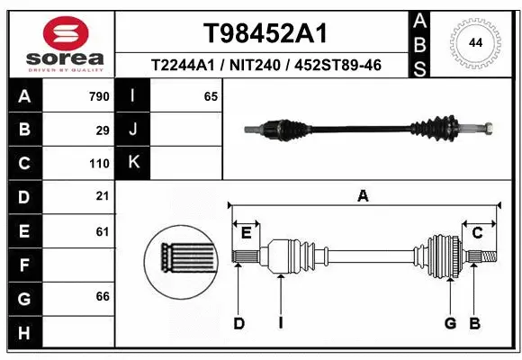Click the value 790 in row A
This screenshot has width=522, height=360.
click(x=99, y=96)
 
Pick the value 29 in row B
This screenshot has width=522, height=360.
click(x=103, y=130)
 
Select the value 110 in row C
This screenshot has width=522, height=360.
click(x=99, y=164)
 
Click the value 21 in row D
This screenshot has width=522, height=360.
click(x=103, y=196)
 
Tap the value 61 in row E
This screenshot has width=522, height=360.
click(x=103, y=231)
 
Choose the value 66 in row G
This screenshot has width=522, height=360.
click(x=103, y=296)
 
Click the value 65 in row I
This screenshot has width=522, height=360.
click(x=211, y=96)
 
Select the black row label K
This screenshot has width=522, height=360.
click(x=133, y=163)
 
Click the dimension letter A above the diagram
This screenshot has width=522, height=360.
click(x=363, y=195)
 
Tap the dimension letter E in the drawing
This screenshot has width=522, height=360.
click(x=246, y=233)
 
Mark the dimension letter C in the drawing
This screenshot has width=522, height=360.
click(x=478, y=233)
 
